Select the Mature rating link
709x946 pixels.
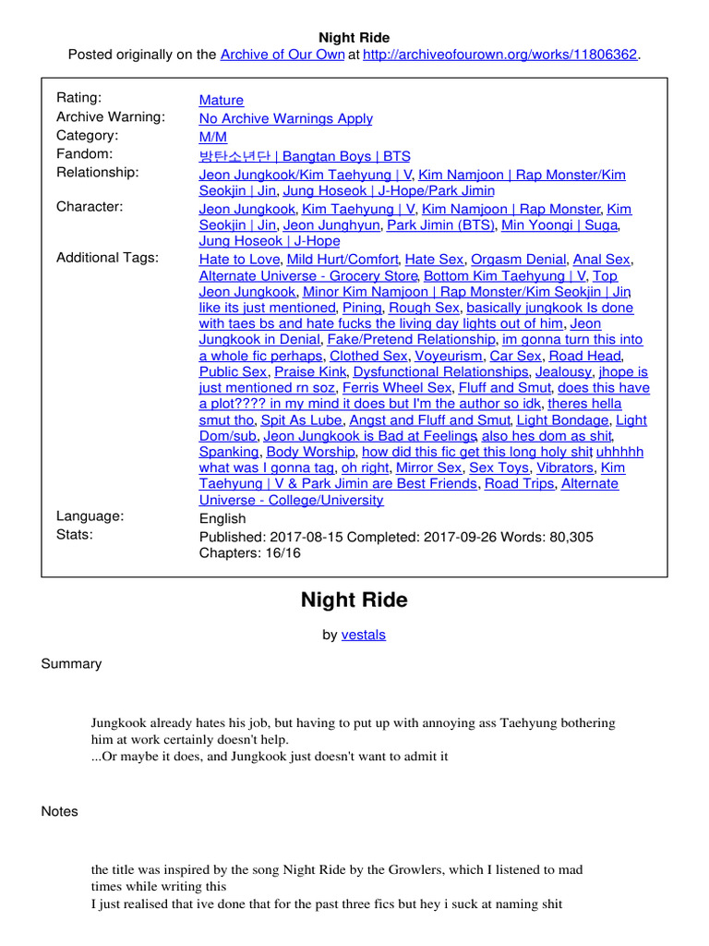coord(222,100)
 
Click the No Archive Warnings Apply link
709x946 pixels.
coord(286,118)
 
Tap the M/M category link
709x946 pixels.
coord(213,137)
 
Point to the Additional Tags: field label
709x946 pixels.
coord(107,258)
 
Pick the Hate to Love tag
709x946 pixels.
coord(240,260)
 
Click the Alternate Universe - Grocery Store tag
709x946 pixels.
coord(308,275)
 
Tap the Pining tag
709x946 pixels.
coord(362,308)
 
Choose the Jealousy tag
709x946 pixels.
coord(563,371)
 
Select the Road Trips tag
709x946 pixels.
coord(519,483)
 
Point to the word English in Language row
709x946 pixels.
coord(222,518)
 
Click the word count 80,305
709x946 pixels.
coord(569,537)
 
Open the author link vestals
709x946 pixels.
coord(364,634)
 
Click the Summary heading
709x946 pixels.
coord(72,663)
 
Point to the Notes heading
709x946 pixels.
coord(60,811)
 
